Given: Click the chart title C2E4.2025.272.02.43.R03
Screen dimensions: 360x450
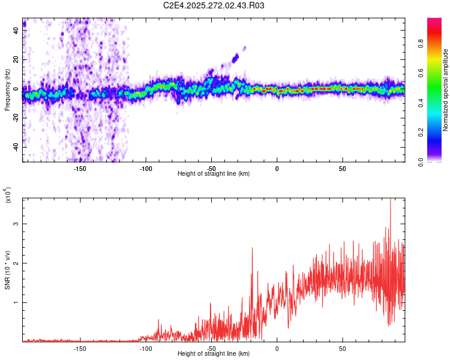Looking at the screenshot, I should point(214,5).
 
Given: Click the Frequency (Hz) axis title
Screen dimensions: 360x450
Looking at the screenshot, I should point(8,91).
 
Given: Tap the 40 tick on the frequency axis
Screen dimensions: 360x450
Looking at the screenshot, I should point(16,31).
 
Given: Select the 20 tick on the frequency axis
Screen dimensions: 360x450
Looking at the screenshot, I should point(16,59).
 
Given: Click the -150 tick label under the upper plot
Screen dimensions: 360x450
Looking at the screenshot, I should point(80,169).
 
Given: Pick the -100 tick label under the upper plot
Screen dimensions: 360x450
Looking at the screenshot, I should point(146,169).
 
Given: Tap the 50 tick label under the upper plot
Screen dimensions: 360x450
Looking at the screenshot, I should point(342,169).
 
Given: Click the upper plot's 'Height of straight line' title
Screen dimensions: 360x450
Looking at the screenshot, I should point(214,174).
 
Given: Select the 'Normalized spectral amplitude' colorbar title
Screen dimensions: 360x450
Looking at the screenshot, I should point(446,90).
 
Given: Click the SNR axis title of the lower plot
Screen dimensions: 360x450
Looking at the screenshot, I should point(8,269).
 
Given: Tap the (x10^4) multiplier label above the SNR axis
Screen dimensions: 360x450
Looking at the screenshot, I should point(8,196).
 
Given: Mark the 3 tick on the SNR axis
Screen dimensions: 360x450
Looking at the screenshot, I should point(16,224).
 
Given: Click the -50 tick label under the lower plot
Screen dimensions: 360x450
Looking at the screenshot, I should point(211,349).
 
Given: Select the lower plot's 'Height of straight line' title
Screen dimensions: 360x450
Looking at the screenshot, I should point(214,354).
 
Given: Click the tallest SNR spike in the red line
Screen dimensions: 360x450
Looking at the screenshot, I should point(391,200).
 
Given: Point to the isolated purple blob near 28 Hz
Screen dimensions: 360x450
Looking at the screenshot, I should point(244,48).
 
